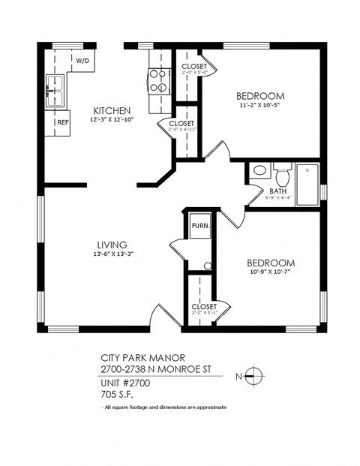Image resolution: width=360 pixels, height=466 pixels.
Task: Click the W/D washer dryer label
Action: point(81,59)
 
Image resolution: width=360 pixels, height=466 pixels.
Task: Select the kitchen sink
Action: point(55,86)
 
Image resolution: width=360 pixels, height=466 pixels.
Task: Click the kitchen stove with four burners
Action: point(159,80)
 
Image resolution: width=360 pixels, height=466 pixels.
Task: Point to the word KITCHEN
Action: point(112,110)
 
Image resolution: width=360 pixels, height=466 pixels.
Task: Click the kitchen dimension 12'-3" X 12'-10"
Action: point(112,120)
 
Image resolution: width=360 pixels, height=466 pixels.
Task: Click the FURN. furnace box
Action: point(199,226)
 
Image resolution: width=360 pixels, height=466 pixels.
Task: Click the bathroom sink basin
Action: point(259,171)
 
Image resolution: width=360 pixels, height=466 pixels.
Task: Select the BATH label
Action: point(278,191)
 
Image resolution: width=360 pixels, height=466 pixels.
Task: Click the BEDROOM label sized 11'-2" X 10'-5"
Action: point(259,95)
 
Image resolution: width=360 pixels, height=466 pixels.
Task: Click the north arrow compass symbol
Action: point(255,376)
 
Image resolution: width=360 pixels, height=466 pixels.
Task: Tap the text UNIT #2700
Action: point(126,381)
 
